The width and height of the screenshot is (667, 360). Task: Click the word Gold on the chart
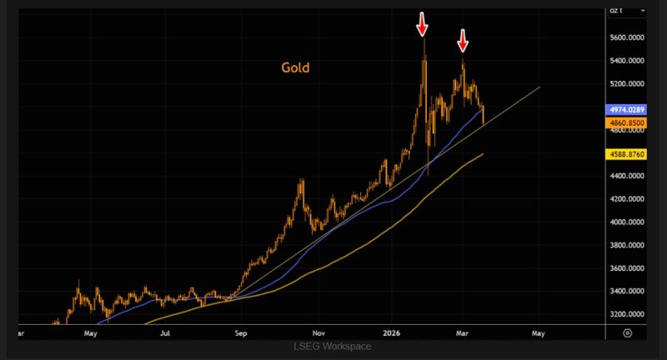pyautogui.click(x=294, y=67)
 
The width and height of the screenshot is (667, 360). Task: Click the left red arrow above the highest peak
pyautogui.click(x=422, y=25)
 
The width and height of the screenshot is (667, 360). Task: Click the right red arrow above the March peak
pyautogui.click(x=463, y=39)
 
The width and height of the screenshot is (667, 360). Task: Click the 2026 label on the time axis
pyautogui.click(x=392, y=332)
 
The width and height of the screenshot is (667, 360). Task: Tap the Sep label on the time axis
pyautogui.click(x=241, y=332)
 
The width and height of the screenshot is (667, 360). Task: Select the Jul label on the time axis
pyautogui.click(x=166, y=332)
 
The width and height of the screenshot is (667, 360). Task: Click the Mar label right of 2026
pyautogui.click(x=464, y=332)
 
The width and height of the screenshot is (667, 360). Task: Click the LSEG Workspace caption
pyautogui.click(x=333, y=346)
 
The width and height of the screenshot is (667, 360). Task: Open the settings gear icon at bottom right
pyautogui.click(x=627, y=332)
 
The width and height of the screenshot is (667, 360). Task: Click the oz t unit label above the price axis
pyautogui.click(x=618, y=9)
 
